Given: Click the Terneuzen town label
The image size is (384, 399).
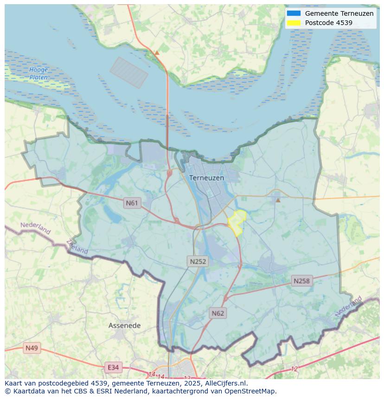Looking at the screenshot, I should tap(206, 178).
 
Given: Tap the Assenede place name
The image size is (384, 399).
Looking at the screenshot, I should tap(124, 325).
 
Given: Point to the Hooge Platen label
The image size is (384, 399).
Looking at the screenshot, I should tap(38, 74).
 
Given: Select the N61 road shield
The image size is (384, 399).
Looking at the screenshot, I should tap(132, 203).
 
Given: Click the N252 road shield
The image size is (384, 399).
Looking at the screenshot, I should tap(198, 261).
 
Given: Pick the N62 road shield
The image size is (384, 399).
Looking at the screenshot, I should tap(218, 313).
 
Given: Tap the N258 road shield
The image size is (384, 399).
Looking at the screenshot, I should tap(301, 281).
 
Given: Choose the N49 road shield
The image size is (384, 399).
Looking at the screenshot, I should tap(32, 348).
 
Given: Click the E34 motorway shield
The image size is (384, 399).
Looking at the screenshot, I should tap(113, 367).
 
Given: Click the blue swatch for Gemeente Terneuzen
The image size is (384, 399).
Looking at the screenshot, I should tap(294, 13).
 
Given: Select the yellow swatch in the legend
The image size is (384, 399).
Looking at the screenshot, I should tap(294, 23).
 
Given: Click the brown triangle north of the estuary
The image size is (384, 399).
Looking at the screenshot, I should tap(157, 53).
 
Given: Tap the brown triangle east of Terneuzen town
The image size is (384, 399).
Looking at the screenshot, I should tap(278, 200).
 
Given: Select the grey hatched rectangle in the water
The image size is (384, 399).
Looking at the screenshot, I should tap(129, 72).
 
